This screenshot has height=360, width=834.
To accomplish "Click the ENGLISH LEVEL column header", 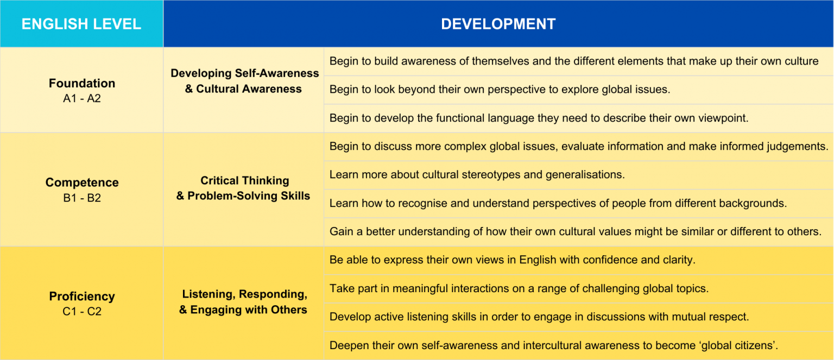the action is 81,24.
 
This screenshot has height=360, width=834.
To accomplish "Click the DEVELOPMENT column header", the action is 498,24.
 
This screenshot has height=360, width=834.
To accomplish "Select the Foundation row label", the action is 82,83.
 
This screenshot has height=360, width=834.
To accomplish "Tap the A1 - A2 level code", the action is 82,98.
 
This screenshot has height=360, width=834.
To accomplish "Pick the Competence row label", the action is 82,182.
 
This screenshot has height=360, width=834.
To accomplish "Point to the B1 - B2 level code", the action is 82,198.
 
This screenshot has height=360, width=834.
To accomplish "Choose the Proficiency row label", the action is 82,296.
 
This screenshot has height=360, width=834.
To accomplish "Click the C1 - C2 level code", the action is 82,311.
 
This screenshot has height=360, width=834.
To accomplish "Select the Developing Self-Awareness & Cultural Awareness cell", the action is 244,81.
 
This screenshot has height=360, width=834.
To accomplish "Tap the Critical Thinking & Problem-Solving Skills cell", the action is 243,188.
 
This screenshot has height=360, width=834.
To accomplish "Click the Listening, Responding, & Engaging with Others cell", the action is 243,301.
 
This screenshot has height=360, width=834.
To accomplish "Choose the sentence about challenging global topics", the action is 519,288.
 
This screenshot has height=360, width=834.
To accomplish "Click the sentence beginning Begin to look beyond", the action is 500,90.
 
